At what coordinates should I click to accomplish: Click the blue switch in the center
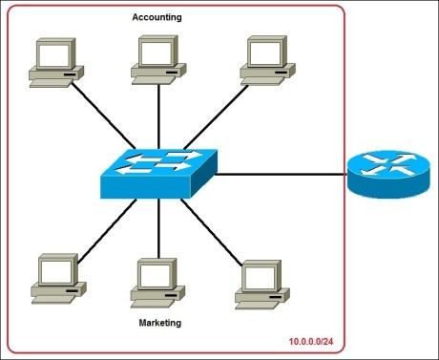158,173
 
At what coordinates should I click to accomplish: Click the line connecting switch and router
282,175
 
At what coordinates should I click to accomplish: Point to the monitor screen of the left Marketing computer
53,268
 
